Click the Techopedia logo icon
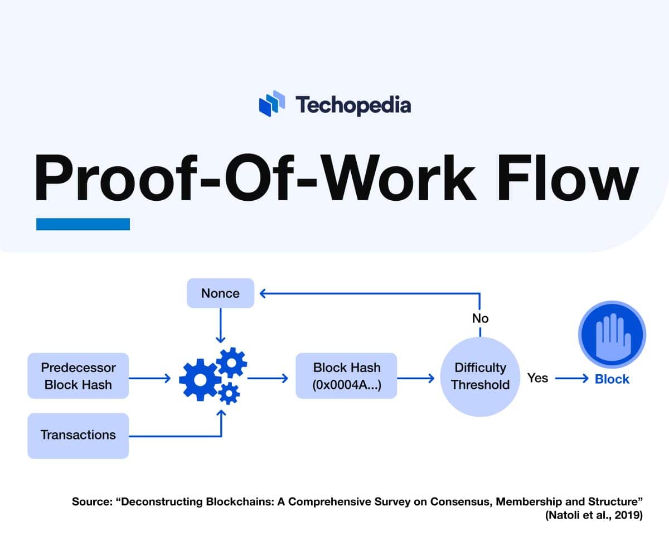(x=272, y=104)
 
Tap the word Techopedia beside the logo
(x=353, y=105)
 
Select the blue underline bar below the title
(x=83, y=224)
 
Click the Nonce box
(x=220, y=293)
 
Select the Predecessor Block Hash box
(x=78, y=376)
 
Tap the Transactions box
(x=78, y=435)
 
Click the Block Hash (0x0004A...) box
(x=346, y=376)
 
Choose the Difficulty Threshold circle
(x=480, y=376)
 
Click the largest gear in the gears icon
(x=199, y=380)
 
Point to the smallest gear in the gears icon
(x=229, y=394)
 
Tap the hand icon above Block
(x=612, y=335)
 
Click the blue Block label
(x=612, y=379)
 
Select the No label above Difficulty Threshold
(x=480, y=318)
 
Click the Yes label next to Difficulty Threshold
(x=537, y=378)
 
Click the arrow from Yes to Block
(x=571, y=379)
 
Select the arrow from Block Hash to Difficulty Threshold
(x=416, y=379)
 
